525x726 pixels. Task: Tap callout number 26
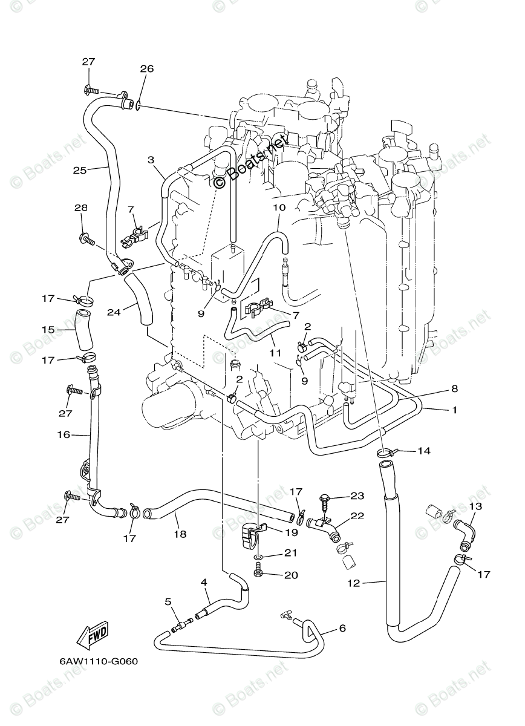pos(147,69)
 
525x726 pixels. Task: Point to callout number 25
pos(80,170)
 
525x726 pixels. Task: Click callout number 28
pos(81,208)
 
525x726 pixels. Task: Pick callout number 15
pos(48,330)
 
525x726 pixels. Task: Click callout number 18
pos(180,534)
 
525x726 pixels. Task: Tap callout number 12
pos(354,583)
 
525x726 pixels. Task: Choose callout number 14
pos(423,451)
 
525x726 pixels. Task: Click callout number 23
pos(357,496)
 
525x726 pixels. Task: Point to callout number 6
pos(342,629)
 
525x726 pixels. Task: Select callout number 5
pos(168,602)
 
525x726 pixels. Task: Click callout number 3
pos(151,159)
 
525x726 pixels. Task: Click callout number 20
pos(291,575)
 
